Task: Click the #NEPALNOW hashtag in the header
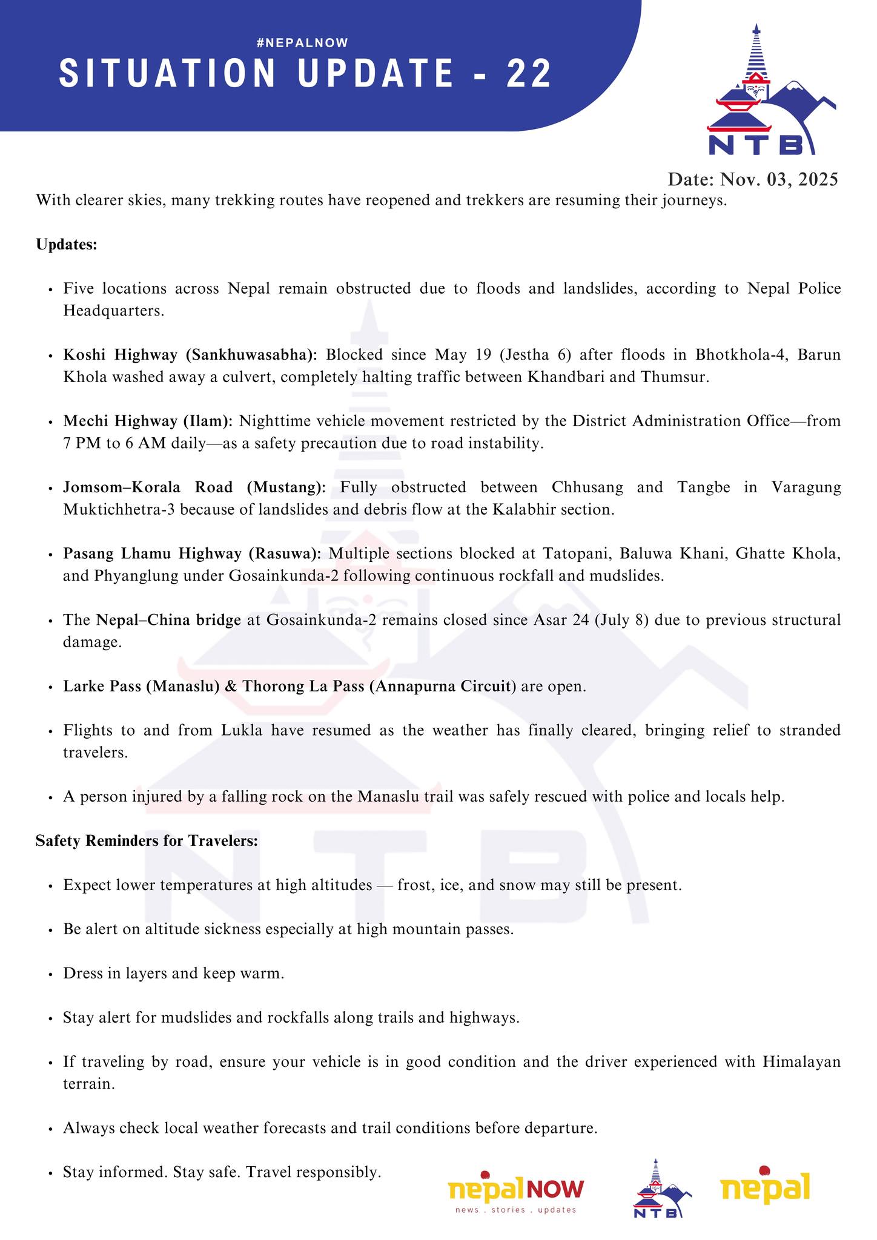[302, 42]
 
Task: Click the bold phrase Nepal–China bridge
[169, 620]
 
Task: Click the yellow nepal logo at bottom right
[765, 1183]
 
